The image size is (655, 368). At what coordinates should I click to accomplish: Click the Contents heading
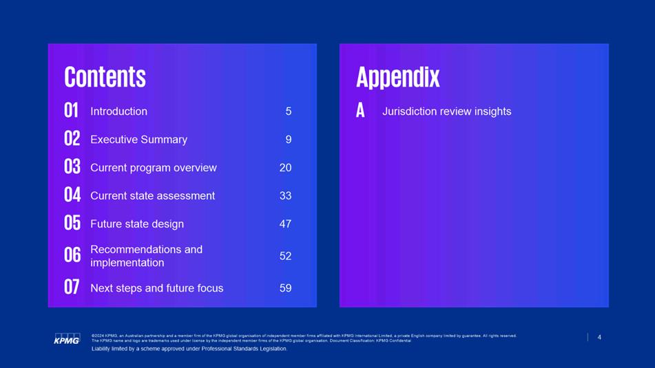coord(105,77)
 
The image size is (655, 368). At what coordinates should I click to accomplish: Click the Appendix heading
coord(397,78)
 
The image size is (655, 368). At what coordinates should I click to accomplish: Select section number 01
coord(72,111)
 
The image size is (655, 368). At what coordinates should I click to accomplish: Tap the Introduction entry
coord(118,111)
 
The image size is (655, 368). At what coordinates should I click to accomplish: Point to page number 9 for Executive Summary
coord(288,140)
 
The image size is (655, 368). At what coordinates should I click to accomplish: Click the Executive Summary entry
coord(138,140)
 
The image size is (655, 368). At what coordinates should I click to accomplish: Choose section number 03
coord(72,167)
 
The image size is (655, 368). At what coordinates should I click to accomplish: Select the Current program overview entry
coord(154,168)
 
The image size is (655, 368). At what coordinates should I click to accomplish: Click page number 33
coord(285,195)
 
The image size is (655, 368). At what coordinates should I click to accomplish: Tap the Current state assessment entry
coord(152,195)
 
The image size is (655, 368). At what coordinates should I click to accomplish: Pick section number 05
coord(72,223)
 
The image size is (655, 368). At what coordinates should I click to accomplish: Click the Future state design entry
coord(137,224)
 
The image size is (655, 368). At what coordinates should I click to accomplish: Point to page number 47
coord(285,224)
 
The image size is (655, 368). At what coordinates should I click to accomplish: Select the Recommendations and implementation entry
coord(146,256)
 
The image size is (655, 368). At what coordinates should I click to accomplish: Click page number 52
coord(285,256)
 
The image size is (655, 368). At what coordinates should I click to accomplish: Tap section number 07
coord(72,287)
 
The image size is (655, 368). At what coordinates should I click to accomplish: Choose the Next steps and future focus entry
coord(156,288)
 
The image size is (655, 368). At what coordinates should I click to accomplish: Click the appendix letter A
coord(360,111)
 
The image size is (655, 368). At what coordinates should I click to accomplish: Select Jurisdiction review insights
coord(446,111)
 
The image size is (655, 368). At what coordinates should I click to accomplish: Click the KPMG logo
coord(67,339)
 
